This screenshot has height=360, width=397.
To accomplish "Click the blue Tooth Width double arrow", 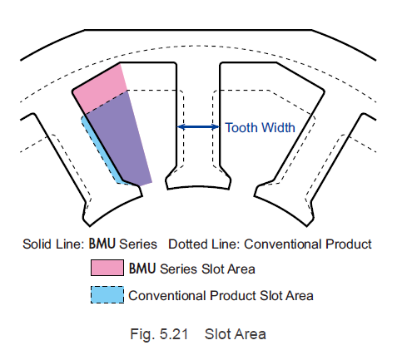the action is [198, 127].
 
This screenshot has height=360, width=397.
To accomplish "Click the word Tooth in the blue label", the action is [241, 128].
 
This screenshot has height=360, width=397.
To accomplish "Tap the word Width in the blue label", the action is [278, 128].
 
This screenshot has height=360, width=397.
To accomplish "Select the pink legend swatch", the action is [107, 268].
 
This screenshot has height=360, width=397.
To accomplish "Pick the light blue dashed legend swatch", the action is [107, 295].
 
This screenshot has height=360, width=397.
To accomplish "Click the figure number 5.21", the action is [174, 333].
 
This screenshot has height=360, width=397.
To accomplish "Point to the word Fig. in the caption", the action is [141, 334].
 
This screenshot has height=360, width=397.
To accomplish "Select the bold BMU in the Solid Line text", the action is [102, 244].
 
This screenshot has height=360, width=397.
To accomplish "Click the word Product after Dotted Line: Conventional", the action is [348, 244].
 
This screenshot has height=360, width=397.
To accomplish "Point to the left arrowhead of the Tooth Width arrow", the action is [181, 127].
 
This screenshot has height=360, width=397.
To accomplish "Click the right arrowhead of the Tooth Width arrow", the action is [216, 127].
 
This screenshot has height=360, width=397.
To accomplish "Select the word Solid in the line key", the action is [34, 244].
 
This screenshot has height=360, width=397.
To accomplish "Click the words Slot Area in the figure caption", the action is [236, 334].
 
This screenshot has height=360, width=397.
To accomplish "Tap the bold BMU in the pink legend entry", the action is [141, 269].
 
